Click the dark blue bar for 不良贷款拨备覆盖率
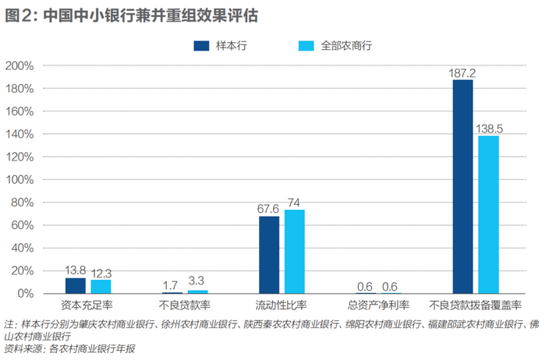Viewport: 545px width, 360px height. (462, 187)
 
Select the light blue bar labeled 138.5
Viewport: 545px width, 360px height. (488, 214)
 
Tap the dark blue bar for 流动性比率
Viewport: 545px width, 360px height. (269, 255)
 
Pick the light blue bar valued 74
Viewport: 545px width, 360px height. (295, 252)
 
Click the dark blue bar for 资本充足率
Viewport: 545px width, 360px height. (76, 286)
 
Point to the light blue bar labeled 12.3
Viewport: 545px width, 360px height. (101, 287)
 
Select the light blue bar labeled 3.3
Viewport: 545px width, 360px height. (198, 291)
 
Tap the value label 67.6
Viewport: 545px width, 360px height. (269, 209)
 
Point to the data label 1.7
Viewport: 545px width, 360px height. (172, 285)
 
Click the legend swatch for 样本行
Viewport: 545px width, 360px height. (202, 46)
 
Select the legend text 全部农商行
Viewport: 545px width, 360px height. (346, 46)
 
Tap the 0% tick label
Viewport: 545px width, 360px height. (25, 294)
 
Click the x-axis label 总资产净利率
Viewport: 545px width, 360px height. (379, 305)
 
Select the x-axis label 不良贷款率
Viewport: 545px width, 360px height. (185, 305)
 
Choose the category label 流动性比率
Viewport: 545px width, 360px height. (281, 305)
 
